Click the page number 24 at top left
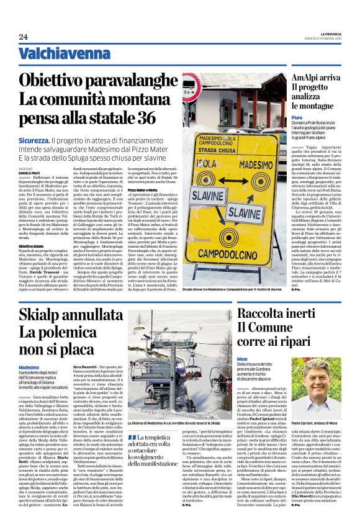[x=23, y=37]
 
